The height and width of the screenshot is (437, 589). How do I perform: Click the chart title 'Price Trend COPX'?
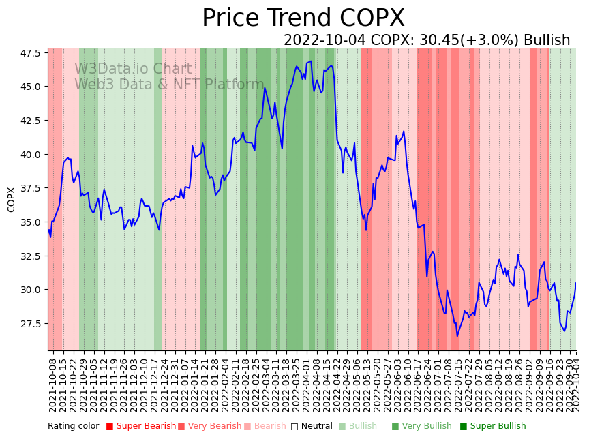(303, 18)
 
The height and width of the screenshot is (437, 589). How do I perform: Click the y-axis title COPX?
(11, 199)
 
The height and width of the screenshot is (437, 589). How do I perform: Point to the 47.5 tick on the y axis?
(29, 53)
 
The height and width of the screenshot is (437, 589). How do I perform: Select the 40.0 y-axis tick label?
(29, 155)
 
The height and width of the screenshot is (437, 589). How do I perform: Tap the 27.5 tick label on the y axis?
(29, 324)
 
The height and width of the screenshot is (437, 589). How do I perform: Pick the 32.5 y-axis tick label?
(29, 256)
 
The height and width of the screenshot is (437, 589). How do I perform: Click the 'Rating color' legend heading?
(73, 426)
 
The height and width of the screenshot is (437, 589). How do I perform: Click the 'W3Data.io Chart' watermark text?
(133, 69)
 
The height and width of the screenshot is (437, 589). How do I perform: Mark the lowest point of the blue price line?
(457, 336)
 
